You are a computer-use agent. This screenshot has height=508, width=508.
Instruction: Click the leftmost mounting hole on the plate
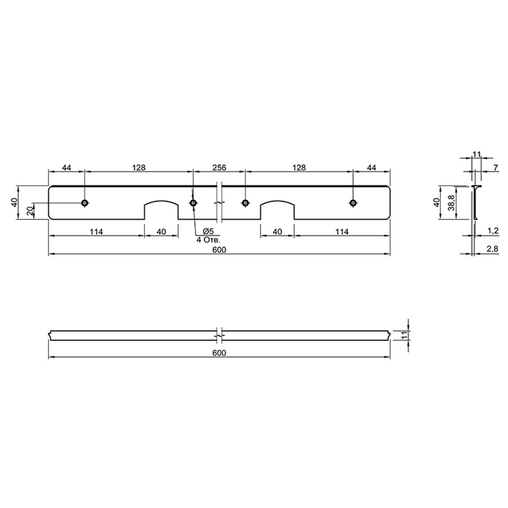[x=84, y=203]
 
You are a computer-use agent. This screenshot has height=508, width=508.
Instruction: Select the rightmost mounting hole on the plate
[x=353, y=203]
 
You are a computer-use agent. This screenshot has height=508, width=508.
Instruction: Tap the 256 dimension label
[x=219, y=167]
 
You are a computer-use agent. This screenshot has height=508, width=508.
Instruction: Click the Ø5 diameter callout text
[x=208, y=231]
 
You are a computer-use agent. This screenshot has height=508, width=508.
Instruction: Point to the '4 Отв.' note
[x=208, y=240]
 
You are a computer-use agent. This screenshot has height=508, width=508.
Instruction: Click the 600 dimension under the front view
[x=219, y=250]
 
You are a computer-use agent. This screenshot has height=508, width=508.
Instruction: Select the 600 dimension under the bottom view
[x=219, y=353]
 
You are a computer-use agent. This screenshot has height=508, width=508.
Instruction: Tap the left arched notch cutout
[x=161, y=202]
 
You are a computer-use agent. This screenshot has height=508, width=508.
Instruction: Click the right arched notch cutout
[x=277, y=202]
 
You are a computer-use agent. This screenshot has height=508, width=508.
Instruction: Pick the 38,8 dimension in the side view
[x=452, y=203]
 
